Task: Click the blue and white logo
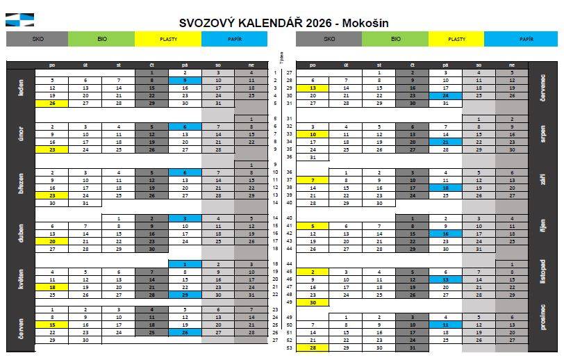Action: click(x=19, y=20)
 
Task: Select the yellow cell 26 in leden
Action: click(x=52, y=103)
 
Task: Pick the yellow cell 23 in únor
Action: click(x=52, y=149)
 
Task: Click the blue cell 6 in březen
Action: click(x=184, y=172)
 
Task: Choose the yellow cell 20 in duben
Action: click(x=52, y=241)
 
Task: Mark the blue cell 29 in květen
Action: click(x=184, y=295)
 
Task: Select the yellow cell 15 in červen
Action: click(x=52, y=325)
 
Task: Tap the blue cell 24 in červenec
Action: click(x=445, y=95)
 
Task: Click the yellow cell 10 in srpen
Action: click(x=313, y=134)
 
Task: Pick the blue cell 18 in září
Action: click(x=445, y=188)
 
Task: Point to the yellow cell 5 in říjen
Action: click(x=313, y=226)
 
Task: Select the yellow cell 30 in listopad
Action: click(x=313, y=302)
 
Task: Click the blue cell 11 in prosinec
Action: click(x=445, y=325)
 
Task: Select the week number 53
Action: click(x=289, y=347)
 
